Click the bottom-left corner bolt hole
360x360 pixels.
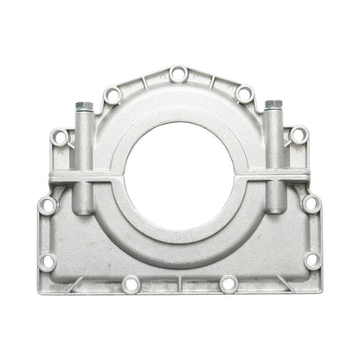coord(48,260)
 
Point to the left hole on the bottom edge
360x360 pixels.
coord(130,283)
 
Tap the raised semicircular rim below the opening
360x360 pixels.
coord(178,227)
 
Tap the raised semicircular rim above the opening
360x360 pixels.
coord(178,96)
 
